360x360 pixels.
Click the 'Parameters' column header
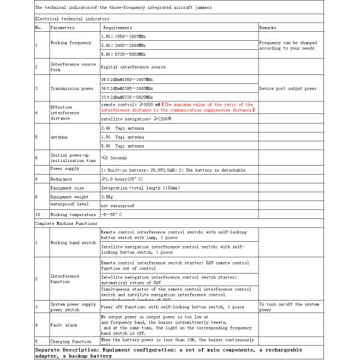(x=63, y=28)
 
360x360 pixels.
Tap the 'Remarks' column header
(x=268, y=28)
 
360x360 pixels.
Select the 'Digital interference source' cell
(x=133, y=67)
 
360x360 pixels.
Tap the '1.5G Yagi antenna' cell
(x=122, y=137)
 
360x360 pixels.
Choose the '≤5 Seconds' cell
(x=114, y=158)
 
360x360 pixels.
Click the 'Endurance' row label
(x=62, y=179)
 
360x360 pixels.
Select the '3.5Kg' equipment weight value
(x=107, y=196)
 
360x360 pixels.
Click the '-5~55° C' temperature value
(x=112, y=214)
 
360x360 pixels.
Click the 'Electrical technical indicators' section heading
(x=68, y=19)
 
